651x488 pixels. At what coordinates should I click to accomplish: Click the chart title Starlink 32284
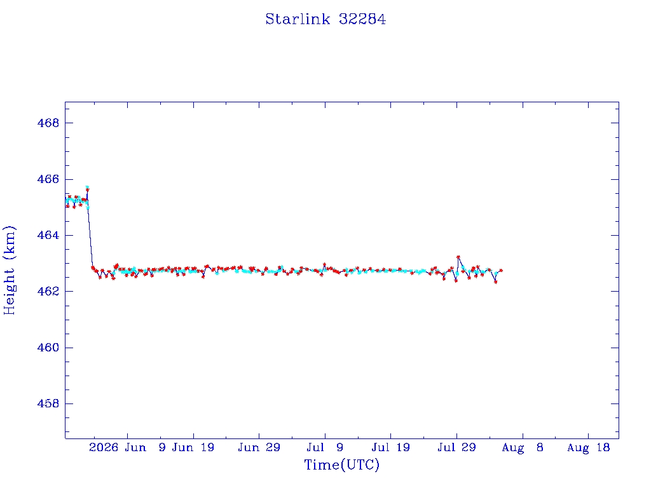325,19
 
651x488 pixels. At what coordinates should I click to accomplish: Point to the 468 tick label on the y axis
48,123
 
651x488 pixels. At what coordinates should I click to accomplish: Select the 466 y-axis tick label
48,179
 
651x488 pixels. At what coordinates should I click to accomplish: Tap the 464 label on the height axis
48,235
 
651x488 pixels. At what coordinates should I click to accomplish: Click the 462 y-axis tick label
48,291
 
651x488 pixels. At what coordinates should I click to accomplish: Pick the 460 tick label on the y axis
48,348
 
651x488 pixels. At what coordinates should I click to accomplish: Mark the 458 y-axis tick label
48,403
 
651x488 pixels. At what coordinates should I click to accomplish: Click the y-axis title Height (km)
9,271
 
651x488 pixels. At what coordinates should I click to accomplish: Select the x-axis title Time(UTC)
341,464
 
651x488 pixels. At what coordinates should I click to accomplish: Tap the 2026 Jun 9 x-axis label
127,447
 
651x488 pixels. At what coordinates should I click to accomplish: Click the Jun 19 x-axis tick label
193,447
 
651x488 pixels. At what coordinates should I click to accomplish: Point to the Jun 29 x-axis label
259,447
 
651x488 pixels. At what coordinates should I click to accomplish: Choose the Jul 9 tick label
325,447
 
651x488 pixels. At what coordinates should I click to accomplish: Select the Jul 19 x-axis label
391,447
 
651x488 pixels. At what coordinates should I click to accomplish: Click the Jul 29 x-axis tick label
456,447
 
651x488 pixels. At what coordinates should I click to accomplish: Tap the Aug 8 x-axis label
523,447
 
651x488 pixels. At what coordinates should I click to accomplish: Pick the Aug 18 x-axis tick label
588,447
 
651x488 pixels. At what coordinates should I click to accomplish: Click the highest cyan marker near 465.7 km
87,187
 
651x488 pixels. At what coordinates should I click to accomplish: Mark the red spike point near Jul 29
458,257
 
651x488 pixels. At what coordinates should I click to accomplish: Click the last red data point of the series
501,270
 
